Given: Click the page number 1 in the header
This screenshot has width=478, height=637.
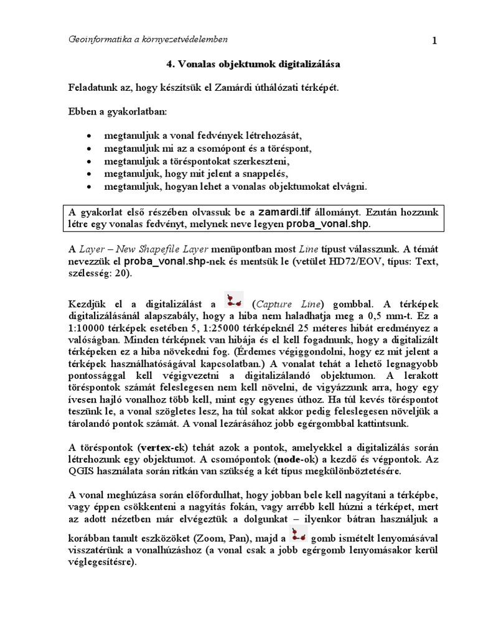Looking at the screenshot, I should [434, 41].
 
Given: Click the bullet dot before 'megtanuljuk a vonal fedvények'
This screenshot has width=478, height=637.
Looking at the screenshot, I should [91, 135].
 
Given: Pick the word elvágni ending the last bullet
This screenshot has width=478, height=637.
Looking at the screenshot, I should [350, 187].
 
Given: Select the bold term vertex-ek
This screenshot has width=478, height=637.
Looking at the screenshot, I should [157, 448].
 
